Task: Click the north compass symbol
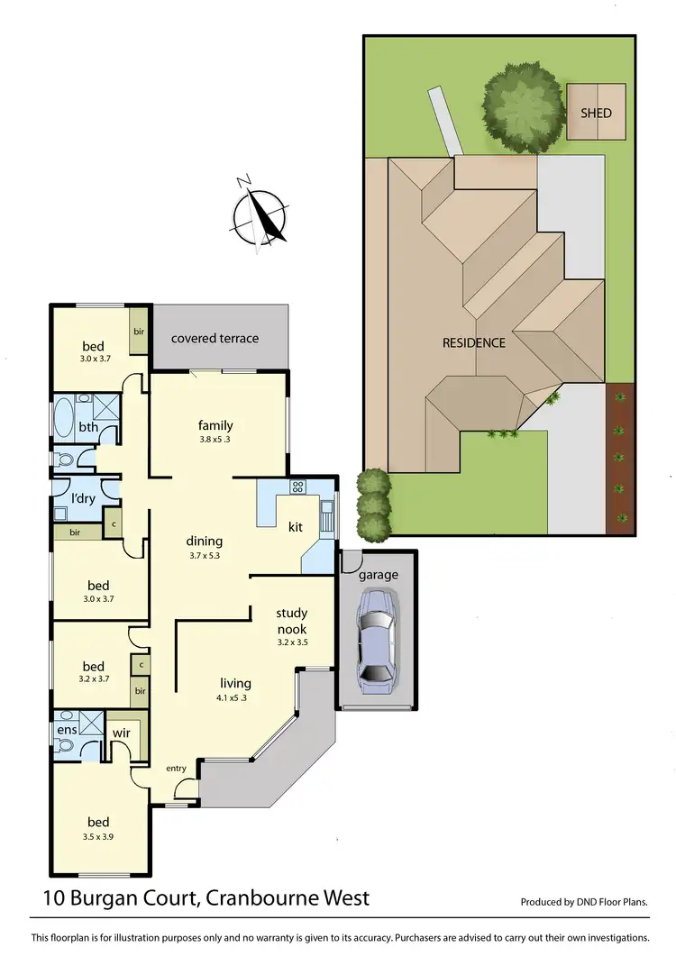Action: click(260, 214)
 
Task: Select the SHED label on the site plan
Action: click(595, 113)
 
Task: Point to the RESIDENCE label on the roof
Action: click(473, 342)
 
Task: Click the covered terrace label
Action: click(215, 338)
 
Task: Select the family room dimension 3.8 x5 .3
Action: click(215, 440)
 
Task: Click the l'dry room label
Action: click(87, 496)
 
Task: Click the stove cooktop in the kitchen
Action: click(297, 487)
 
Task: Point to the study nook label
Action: click(291, 622)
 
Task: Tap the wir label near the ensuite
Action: click(122, 733)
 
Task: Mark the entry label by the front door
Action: click(176, 768)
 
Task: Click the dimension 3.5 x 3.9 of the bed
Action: click(98, 836)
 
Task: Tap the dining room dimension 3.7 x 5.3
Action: click(204, 556)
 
